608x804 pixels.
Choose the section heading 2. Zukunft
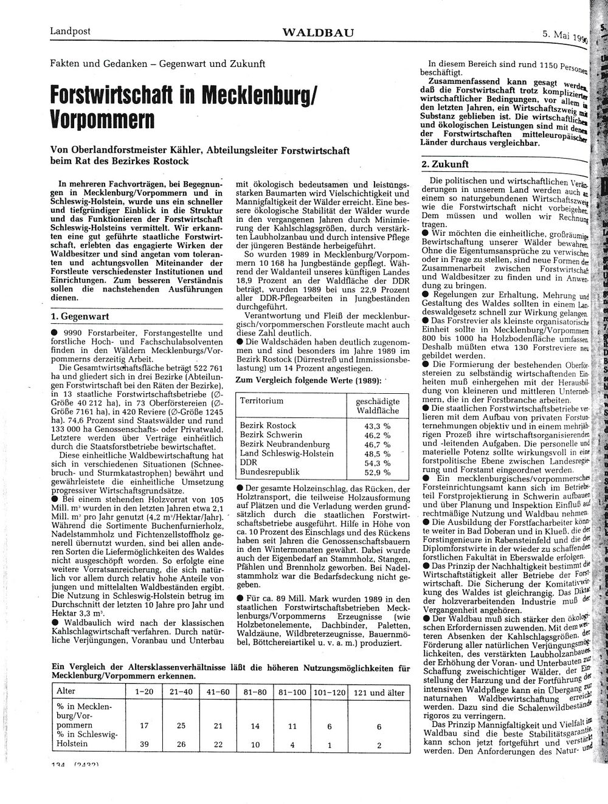coord(445,164)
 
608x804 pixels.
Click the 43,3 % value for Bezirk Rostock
coord(376,425)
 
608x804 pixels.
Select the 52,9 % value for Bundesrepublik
coord(376,472)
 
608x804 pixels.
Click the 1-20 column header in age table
coord(145,692)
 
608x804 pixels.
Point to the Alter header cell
coord(66,692)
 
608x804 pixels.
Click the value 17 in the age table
coord(145,726)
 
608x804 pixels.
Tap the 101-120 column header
coord(329,692)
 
